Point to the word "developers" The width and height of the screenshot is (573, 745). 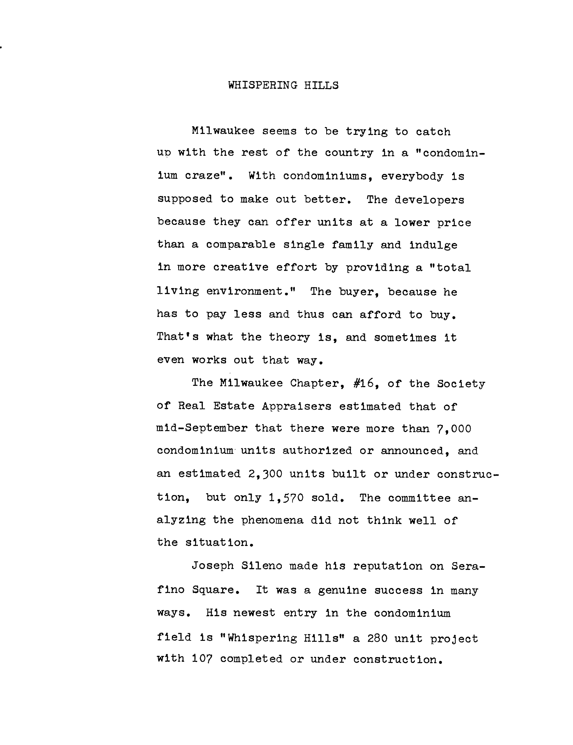pos(429,200)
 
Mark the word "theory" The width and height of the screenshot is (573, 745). pos(289,337)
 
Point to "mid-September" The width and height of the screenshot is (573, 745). pos(202,428)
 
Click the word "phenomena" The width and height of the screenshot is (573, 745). pos(272,520)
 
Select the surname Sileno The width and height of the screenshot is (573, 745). pos(262,566)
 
